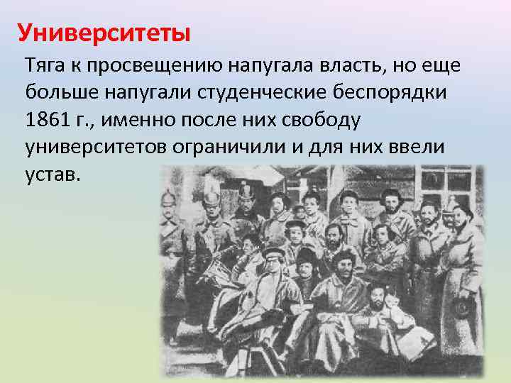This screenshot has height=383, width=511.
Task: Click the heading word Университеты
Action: (x=104, y=33)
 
